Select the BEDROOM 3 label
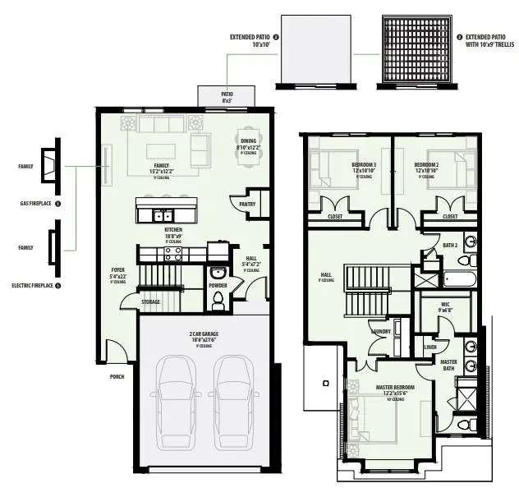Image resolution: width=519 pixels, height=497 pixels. pos(363,166)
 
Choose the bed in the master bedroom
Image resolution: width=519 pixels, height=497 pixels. pos(374,420)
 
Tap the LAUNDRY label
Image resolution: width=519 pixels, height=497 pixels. pos(380,332)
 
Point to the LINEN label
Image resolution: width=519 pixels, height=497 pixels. pos(430,347)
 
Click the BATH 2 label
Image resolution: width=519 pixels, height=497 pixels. pos(449,246)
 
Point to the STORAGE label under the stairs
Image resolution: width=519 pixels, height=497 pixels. pos(151,301)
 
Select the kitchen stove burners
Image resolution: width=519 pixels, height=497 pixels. pos(173,253)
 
